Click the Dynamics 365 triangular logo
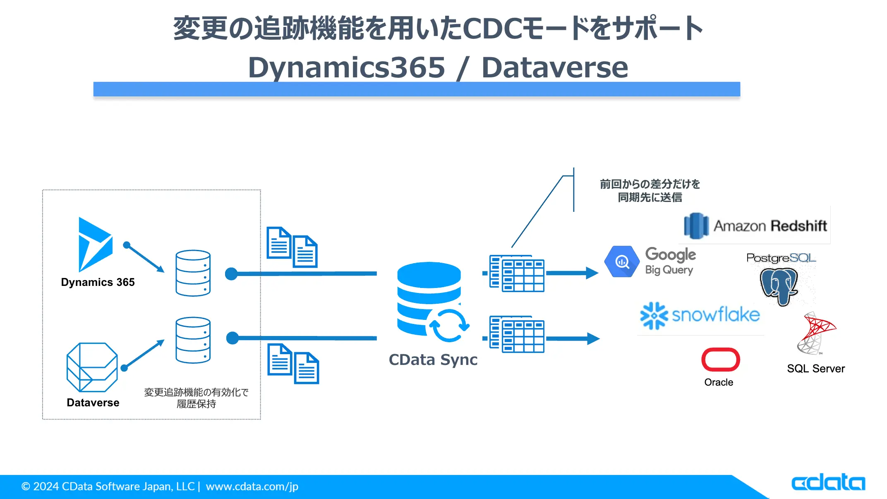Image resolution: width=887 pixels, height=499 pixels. coord(94,244)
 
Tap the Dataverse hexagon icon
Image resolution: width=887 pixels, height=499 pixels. coord(92,367)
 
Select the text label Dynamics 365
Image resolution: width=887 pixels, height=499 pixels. coord(98,282)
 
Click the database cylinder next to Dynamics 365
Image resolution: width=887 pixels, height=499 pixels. coord(193,273)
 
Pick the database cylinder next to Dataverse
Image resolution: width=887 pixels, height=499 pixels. coord(193,340)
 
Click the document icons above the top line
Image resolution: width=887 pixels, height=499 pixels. coord(292,247)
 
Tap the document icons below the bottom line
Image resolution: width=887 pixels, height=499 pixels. coord(293,364)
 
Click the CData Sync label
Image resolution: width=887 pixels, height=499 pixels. coord(433,360)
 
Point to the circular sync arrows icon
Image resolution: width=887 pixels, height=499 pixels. coord(449,326)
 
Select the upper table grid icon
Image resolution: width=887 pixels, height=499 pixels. coord(517,273)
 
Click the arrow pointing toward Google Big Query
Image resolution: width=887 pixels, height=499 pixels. coord(572,273)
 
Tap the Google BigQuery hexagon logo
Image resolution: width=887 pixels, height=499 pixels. coord(621,261)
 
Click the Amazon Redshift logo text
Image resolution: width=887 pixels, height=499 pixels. coord(770,226)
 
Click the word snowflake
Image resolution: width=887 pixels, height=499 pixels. coord(715,315)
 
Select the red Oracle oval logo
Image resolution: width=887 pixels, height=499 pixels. coord(720,360)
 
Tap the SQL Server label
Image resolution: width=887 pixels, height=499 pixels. coord(815,369)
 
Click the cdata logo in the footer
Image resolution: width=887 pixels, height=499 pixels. coord(828,483)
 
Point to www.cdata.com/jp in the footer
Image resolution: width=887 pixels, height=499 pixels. coord(252,487)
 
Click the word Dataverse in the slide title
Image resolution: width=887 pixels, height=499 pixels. coord(554,67)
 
